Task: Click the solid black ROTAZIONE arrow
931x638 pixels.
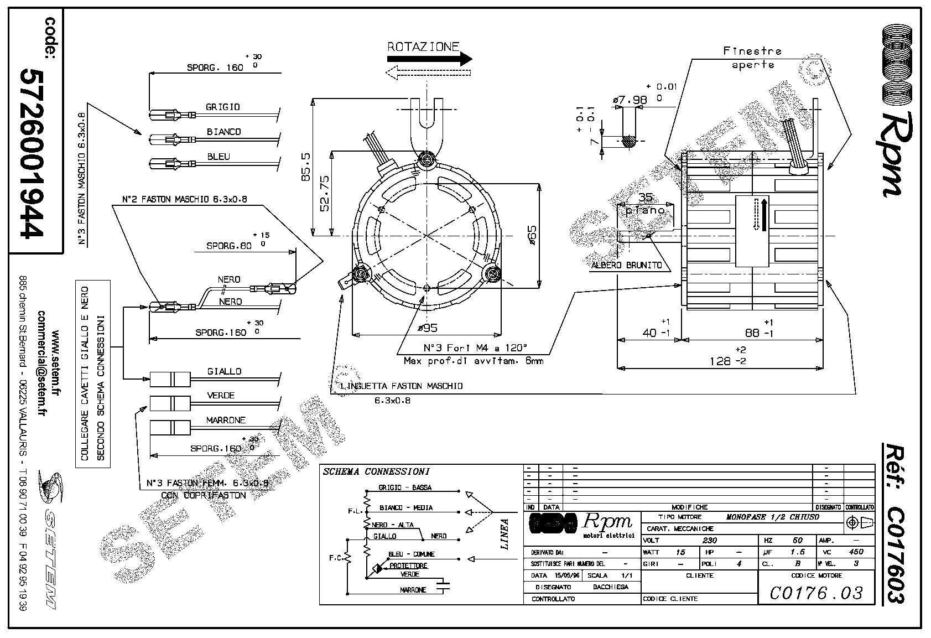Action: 430,59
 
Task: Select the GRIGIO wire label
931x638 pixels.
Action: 223,107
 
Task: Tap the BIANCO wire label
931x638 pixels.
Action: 223,132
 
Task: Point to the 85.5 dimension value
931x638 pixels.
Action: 306,167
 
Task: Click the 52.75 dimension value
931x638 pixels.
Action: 325,193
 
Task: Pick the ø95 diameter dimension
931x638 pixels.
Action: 427,328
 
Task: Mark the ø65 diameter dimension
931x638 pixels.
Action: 532,235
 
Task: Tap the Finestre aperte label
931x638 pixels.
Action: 753,58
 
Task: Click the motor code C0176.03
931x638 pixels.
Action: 816,593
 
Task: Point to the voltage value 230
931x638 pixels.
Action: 709,540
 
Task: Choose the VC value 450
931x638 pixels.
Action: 855,552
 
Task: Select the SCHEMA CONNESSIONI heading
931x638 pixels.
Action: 376,471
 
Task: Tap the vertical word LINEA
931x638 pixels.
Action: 504,533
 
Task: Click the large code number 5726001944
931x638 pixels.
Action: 32,153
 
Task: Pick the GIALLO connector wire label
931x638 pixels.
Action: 224,371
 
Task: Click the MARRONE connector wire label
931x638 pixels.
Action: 226,420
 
